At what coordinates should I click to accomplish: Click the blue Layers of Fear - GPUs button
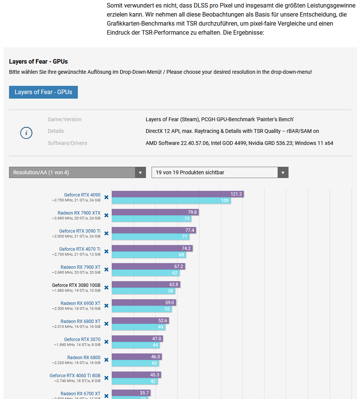tap(43, 92)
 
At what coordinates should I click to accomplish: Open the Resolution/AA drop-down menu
tap(77, 172)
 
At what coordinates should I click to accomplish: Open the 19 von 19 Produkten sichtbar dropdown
tap(220, 172)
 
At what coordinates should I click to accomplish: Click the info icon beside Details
tap(26, 132)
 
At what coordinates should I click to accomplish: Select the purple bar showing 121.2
tap(178, 194)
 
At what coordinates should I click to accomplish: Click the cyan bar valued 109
tap(171, 201)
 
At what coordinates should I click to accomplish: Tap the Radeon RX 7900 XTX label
tap(79, 213)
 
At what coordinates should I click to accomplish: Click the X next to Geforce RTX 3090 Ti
tap(106, 233)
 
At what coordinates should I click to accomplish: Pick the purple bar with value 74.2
tap(152, 248)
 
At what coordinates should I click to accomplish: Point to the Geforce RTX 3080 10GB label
tap(76, 285)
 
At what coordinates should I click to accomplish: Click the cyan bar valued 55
tap(141, 309)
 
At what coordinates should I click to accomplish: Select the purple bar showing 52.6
tap(140, 321)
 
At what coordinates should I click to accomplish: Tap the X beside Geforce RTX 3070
tap(106, 342)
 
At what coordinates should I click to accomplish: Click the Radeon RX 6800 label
tap(84, 358)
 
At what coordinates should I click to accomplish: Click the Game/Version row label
tap(64, 119)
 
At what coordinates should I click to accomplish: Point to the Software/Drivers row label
tap(67, 143)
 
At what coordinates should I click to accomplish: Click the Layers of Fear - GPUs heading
tap(38, 61)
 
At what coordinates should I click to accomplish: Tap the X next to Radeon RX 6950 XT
tap(106, 306)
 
